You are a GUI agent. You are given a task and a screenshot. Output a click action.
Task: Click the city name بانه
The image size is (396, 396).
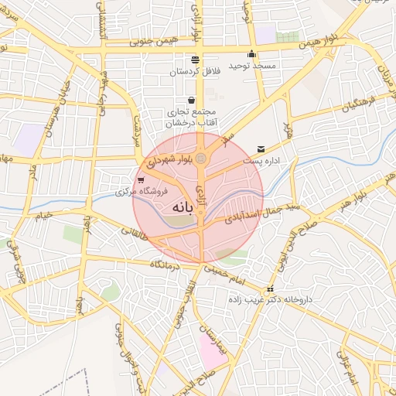tap(177, 208)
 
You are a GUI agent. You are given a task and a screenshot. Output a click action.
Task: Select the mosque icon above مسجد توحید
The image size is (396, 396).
tap(251, 54)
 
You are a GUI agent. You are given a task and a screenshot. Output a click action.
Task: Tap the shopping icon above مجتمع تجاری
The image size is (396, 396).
tap(191, 100)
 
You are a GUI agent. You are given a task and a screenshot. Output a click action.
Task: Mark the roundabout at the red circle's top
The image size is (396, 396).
tap(201, 159)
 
